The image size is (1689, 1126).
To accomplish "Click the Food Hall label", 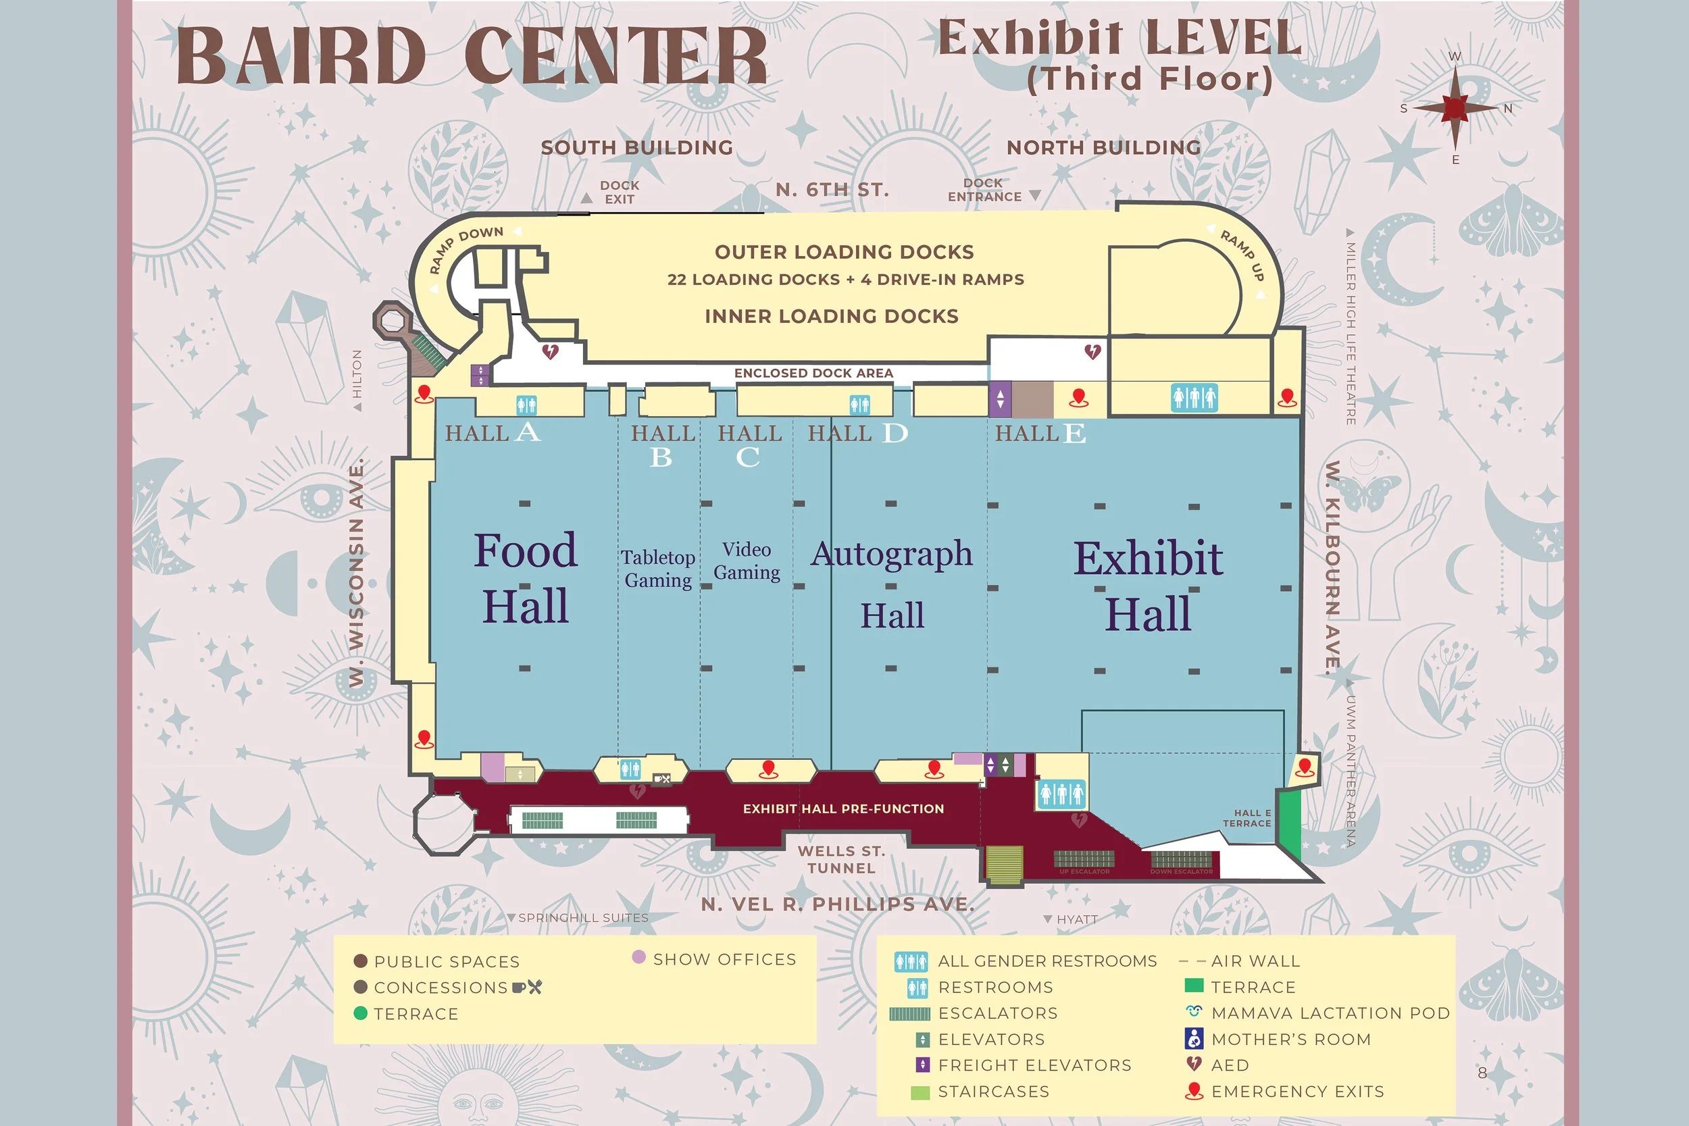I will (525, 578).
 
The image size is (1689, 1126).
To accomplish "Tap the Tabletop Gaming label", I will (658, 569).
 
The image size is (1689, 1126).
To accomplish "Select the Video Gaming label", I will (747, 561).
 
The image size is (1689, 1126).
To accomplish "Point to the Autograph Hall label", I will (892, 583).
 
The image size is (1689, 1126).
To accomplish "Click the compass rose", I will (1455, 107).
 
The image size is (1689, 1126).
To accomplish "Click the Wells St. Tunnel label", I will (841, 860).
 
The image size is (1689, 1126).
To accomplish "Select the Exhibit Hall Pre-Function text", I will (843, 809).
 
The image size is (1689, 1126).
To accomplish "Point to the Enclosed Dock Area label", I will (813, 374).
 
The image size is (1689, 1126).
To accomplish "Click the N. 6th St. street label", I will (832, 190).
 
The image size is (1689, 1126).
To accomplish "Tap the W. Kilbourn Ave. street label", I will (1333, 567).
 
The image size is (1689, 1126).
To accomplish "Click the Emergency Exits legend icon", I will (1194, 1092).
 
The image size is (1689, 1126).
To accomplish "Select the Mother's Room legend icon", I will (1194, 1038).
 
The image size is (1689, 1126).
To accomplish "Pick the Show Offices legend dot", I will (638, 957).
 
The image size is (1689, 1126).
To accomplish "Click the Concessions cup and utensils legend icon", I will (528, 988).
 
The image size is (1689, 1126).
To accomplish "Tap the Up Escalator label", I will (1084, 872).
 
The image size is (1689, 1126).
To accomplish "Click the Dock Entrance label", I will (984, 190).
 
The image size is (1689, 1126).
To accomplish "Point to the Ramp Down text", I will (467, 248).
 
